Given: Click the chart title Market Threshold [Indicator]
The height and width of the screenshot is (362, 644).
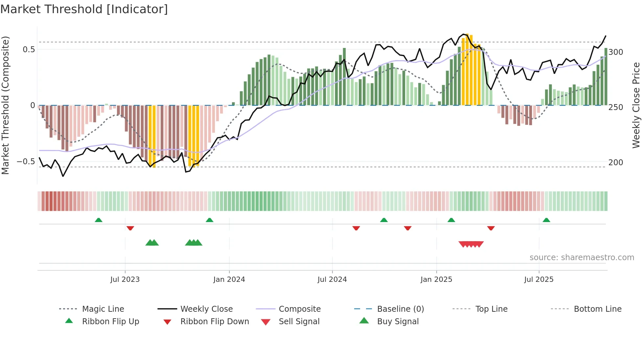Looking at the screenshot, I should click(x=84, y=9).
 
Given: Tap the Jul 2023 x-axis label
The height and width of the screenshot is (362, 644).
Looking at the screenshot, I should click(x=125, y=280).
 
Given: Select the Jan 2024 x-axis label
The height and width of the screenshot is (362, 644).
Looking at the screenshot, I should click(x=229, y=280).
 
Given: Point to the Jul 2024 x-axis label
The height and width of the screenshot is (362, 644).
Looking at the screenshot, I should click(x=332, y=280).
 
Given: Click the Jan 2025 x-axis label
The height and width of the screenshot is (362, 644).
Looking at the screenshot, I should click(x=436, y=280).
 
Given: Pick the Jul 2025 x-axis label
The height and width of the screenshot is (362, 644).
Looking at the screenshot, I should click(x=539, y=280).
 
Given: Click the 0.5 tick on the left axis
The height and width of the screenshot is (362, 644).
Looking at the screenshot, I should click(x=29, y=50).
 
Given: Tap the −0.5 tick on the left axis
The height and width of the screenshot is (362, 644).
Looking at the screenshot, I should click(x=26, y=162).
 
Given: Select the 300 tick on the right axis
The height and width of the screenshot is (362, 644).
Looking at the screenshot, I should click(x=616, y=52).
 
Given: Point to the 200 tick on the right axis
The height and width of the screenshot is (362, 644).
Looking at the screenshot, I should click(x=616, y=163).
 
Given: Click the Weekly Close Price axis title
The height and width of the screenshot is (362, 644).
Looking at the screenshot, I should click(x=636, y=105).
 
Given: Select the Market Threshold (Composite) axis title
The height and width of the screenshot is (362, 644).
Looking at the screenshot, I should click(x=5, y=105).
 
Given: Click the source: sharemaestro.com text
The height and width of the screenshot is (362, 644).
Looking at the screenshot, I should click(x=582, y=258).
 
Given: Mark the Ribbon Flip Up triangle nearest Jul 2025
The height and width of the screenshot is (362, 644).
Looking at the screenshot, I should click(x=546, y=220).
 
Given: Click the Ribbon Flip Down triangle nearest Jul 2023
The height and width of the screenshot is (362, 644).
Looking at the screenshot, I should click(x=130, y=228).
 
